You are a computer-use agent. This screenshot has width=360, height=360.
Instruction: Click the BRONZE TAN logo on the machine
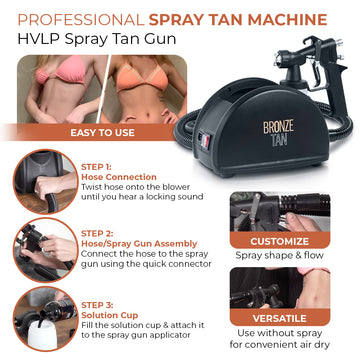tap(274, 134)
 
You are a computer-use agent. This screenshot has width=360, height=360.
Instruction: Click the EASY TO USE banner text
tap(102, 133)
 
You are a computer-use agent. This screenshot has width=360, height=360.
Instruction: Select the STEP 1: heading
tap(96, 167)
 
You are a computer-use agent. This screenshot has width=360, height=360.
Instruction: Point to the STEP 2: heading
tap(97, 233)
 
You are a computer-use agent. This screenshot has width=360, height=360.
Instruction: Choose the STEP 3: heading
tap(97, 305)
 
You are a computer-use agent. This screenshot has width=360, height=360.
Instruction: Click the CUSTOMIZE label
tap(279, 241)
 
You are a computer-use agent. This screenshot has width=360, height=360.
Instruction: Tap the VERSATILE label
tap(279, 318)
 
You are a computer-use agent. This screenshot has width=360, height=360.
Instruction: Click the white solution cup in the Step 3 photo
tap(42, 334)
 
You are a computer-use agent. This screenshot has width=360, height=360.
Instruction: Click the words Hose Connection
tap(119, 177)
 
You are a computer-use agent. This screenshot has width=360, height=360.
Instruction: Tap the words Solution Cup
tap(109, 315)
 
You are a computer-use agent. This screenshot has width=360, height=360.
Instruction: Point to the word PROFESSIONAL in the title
tap(81, 20)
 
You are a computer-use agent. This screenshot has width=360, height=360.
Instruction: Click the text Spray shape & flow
tap(279, 256)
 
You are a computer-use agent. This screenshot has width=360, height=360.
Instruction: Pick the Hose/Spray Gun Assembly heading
tap(139, 244)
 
